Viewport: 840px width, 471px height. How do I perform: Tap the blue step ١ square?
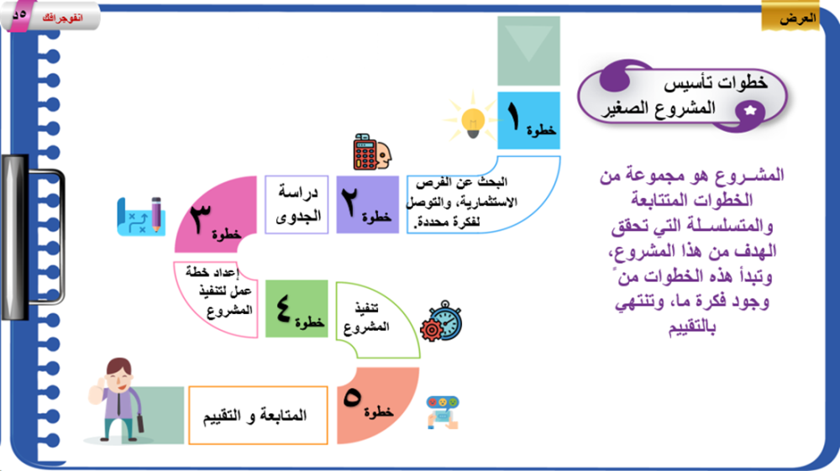pos(528,120)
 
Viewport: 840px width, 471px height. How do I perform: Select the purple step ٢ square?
pos(368,205)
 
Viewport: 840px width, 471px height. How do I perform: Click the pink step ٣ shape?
pos(214,214)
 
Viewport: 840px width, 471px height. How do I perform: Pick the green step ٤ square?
pos(297,309)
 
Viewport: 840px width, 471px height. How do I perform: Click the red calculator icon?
pos(365,152)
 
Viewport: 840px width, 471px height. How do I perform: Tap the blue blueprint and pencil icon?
pos(141,217)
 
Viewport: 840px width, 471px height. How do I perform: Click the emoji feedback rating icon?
pos(443,412)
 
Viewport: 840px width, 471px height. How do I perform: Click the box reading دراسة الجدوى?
pos(297,205)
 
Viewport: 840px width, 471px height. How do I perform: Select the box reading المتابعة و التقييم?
pos(258,416)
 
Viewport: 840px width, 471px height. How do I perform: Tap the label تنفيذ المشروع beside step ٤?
pos(366,317)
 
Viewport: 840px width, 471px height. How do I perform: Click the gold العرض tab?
pos(790,16)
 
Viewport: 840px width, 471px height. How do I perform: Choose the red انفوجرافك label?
pos(63,18)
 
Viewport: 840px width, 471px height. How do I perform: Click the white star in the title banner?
pos(750,111)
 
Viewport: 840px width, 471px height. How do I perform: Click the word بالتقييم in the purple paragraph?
pos(691,327)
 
